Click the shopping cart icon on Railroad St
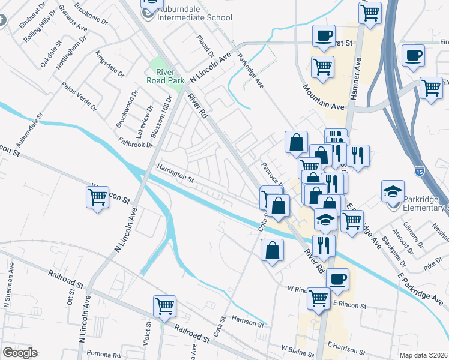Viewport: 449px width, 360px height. click(x=164, y=305)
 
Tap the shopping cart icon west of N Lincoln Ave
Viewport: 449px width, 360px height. click(x=98, y=196)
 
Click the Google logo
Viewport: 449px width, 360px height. click(x=20, y=352)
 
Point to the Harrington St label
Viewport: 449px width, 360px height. click(x=176, y=174)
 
